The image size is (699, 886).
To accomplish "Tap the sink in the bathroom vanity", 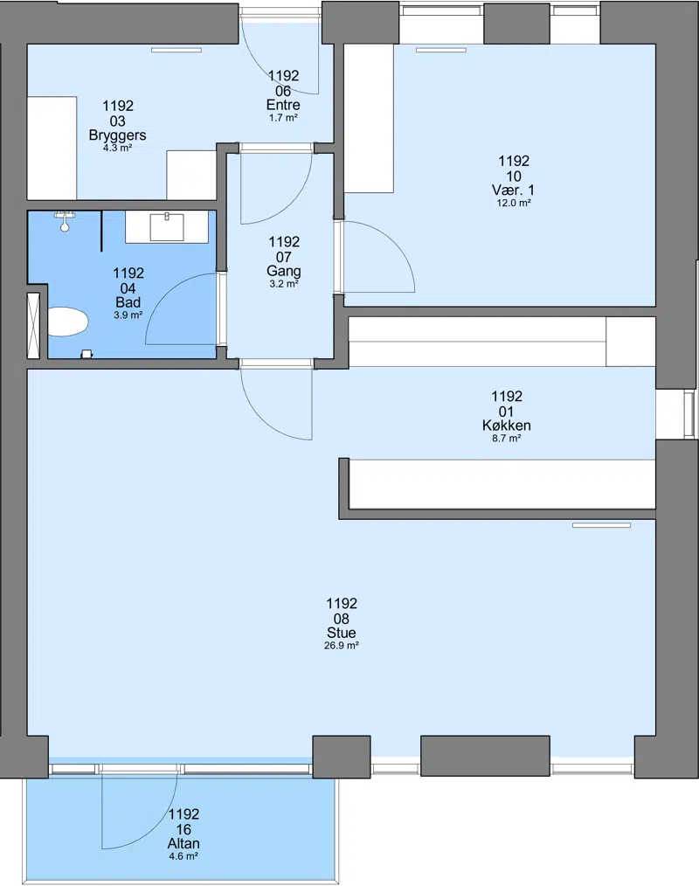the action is [167, 226].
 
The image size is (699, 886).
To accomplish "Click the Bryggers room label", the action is [118, 135].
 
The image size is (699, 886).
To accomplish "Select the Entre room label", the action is [283, 105].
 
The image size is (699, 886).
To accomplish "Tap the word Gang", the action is [284, 271].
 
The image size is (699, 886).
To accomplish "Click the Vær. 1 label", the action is [514, 190].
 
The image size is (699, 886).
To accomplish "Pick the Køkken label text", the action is [506, 426].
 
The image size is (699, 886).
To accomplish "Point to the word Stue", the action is [342, 633].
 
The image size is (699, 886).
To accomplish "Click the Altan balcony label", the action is [183, 843].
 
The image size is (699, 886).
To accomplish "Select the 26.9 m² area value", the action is [342, 646].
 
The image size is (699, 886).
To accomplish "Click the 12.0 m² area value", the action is [514, 203].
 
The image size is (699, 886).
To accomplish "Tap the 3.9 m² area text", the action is [128, 315].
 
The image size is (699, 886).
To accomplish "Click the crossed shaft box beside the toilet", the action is [34, 325].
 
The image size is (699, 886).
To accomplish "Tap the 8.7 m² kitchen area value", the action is [506, 439].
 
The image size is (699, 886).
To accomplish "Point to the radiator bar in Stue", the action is [601, 525].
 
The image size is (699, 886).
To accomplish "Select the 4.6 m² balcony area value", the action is [183, 856].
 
